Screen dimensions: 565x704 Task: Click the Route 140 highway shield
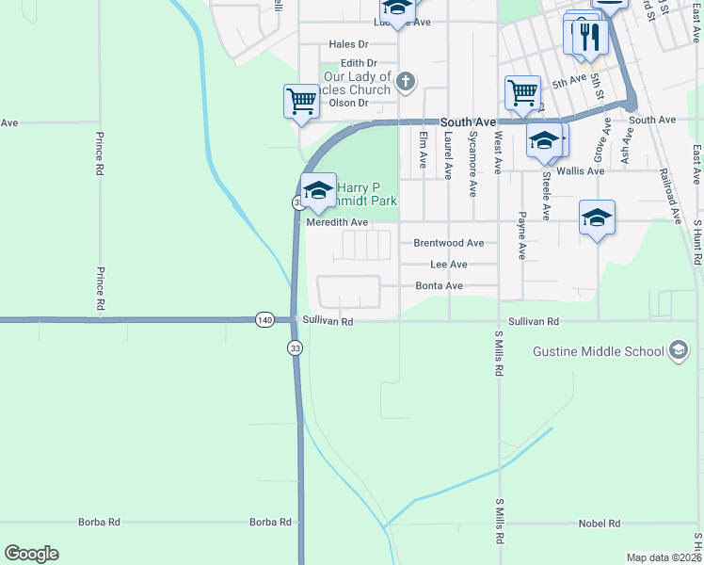tap(264, 321)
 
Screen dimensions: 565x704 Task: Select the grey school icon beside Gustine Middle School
tap(677, 350)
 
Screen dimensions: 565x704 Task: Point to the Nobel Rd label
tap(600, 523)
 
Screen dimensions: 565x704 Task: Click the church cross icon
tap(406, 82)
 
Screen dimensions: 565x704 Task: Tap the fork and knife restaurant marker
tap(591, 36)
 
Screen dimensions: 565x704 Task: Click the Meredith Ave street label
tap(337, 223)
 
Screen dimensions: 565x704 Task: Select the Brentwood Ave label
tap(449, 243)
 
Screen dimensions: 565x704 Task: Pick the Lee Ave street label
tap(448, 266)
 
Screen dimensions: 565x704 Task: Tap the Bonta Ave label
tap(440, 286)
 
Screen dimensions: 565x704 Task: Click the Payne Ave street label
tap(521, 235)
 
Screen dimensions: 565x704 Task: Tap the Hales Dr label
tap(348, 44)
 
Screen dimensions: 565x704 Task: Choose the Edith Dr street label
tap(359, 63)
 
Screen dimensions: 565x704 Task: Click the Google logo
tap(31, 554)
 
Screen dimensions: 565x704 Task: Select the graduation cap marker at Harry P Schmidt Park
tap(318, 190)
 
